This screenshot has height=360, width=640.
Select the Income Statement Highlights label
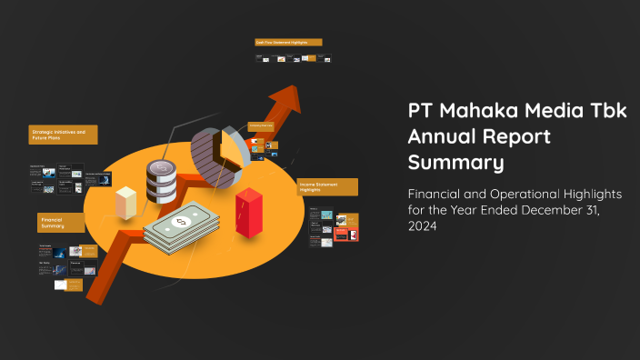pyautogui.click(x=327, y=186)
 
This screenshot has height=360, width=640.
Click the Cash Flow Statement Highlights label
pyautogui.click(x=287, y=42)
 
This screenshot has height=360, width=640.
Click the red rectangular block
pyautogui.click(x=249, y=213)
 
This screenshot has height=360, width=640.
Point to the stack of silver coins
pyautogui.click(x=163, y=181)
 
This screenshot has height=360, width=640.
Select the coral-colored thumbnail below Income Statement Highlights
pyautogui.click(x=346, y=235)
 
